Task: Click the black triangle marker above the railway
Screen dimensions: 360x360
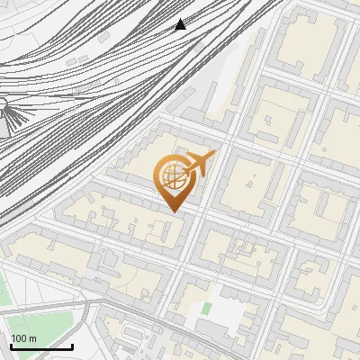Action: [x=181, y=24]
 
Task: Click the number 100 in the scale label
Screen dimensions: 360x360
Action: [x=19, y=338]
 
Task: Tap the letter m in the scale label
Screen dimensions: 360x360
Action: [x=33, y=338]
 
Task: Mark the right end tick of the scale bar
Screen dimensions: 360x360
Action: [x=73, y=346]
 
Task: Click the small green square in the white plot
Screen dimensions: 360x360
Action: [x=206, y=309]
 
